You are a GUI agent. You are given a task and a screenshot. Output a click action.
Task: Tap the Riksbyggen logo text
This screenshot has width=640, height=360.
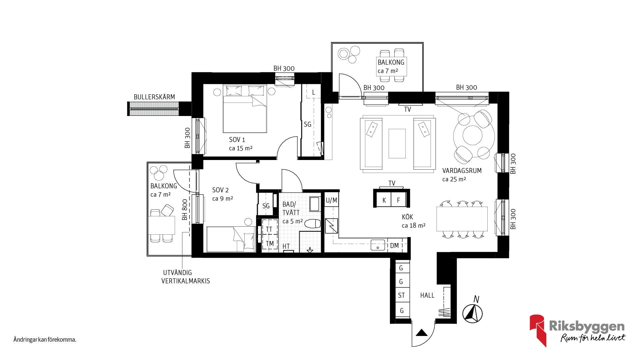click(x=587, y=326)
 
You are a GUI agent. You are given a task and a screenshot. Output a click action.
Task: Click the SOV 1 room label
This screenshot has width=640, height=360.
click(x=237, y=140)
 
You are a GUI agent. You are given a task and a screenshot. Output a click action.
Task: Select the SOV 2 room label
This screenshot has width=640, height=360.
click(x=220, y=190)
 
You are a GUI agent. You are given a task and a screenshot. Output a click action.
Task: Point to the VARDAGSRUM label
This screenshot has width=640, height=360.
click(x=462, y=171)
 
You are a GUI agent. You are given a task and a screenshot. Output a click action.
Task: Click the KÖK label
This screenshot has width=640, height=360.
click(x=407, y=217)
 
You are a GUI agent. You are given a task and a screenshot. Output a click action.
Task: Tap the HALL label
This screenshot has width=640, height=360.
click(x=427, y=295)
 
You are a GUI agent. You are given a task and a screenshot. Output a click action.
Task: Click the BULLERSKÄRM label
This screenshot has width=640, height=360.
click(x=154, y=97)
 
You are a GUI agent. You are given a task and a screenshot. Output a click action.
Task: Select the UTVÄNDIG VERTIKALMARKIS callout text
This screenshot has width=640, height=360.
click(x=186, y=277)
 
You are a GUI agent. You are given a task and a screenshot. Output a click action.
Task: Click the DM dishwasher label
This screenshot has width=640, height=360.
click(x=394, y=246)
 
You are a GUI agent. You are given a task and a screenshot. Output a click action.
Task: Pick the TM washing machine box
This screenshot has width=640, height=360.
click(x=270, y=244)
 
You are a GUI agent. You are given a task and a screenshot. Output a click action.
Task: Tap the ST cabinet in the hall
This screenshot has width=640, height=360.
click(x=402, y=295)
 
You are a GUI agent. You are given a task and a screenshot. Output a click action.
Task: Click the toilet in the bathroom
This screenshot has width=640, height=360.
click(x=313, y=224)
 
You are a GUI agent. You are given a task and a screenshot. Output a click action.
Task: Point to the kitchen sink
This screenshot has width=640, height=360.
click(x=378, y=245)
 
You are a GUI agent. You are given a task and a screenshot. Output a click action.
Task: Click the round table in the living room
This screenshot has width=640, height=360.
click(x=473, y=135)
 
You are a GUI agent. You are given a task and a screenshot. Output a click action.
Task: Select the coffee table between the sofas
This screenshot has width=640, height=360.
click(x=397, y=144)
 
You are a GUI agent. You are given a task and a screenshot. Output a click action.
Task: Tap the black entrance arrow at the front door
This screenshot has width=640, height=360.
click(x=422, y=332)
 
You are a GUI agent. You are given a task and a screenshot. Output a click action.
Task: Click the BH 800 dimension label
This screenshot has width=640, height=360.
click(x=185, y=210)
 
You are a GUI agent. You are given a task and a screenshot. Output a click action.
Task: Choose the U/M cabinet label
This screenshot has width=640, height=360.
click(x=331, y=200)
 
